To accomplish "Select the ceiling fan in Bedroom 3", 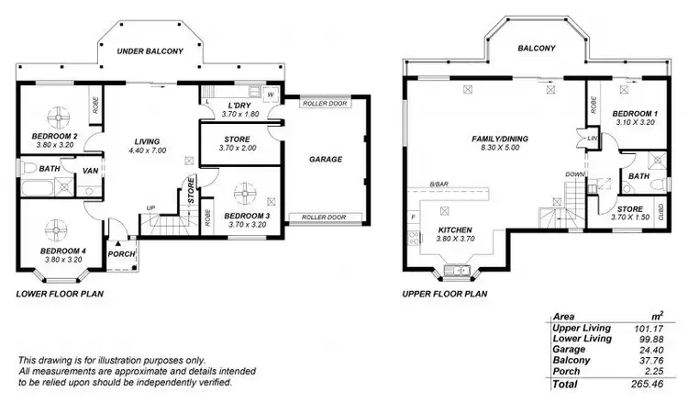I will (x=245, y=195).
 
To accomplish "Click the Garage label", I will (x=326, y=159).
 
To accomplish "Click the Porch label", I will (x=121, y=254).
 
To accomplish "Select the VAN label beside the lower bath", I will (x=91, y=171).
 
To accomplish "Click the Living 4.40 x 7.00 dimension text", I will (x=148, y=150).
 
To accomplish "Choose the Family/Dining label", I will (x=494, y=139).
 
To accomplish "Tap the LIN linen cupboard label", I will (x=593, y=138).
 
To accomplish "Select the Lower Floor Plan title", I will (x=60, y=295).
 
